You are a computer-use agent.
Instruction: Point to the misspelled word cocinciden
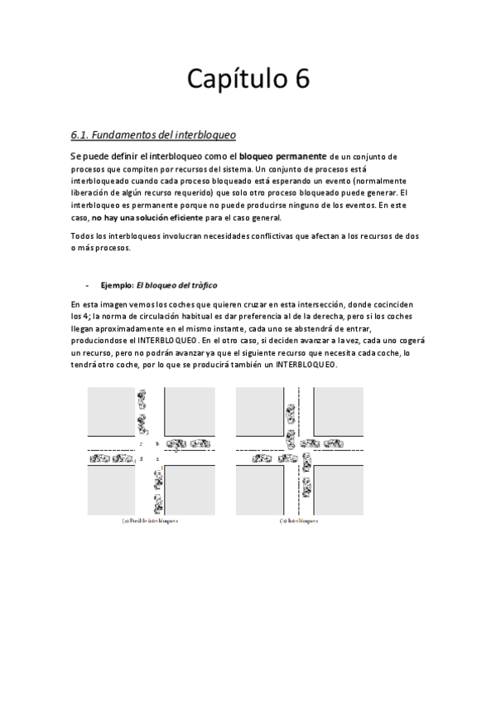tap(392, 304)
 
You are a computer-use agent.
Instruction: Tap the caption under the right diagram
tap(299, 521)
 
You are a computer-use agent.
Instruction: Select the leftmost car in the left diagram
tap(99, 458)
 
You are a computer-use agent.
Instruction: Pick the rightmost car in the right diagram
tap(332, 444)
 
